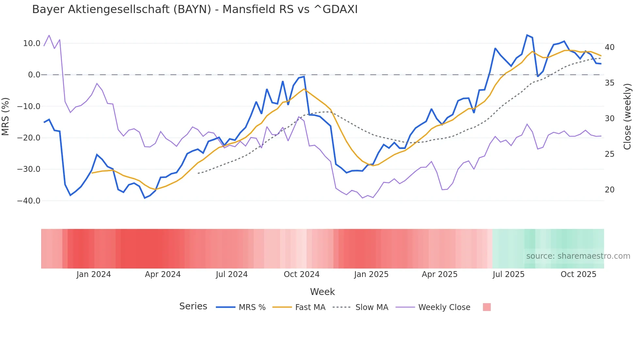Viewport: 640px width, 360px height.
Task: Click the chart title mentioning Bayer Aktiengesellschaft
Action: [195, 9]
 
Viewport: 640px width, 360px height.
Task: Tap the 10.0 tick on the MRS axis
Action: [32, 43]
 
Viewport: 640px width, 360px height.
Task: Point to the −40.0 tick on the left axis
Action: [29, 201]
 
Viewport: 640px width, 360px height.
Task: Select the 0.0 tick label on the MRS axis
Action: [34, 75]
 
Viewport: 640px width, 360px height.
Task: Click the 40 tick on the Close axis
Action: [610, 47]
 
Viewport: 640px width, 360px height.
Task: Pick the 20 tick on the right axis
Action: [610, 190]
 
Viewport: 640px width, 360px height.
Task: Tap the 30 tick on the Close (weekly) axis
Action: [610, 119]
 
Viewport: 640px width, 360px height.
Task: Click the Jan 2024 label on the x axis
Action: [94, 274]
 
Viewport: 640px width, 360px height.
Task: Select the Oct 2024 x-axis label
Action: [301, 274]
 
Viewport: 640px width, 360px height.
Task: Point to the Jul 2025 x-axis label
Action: [508, 274]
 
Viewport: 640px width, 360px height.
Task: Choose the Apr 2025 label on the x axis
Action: [440, 274]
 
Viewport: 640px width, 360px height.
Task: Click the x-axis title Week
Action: [322, 292]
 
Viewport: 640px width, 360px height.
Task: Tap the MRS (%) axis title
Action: [6, 116]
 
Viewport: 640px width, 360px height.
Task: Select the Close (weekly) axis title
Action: [627, 117]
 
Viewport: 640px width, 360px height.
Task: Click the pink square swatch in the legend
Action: [487, 307]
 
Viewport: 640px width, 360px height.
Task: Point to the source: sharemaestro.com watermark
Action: [578, 256]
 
